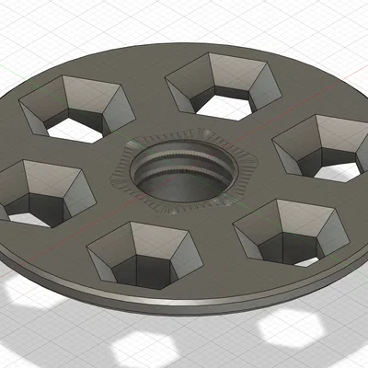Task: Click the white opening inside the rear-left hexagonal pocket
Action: pyautogui.click(x=74, y=130)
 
